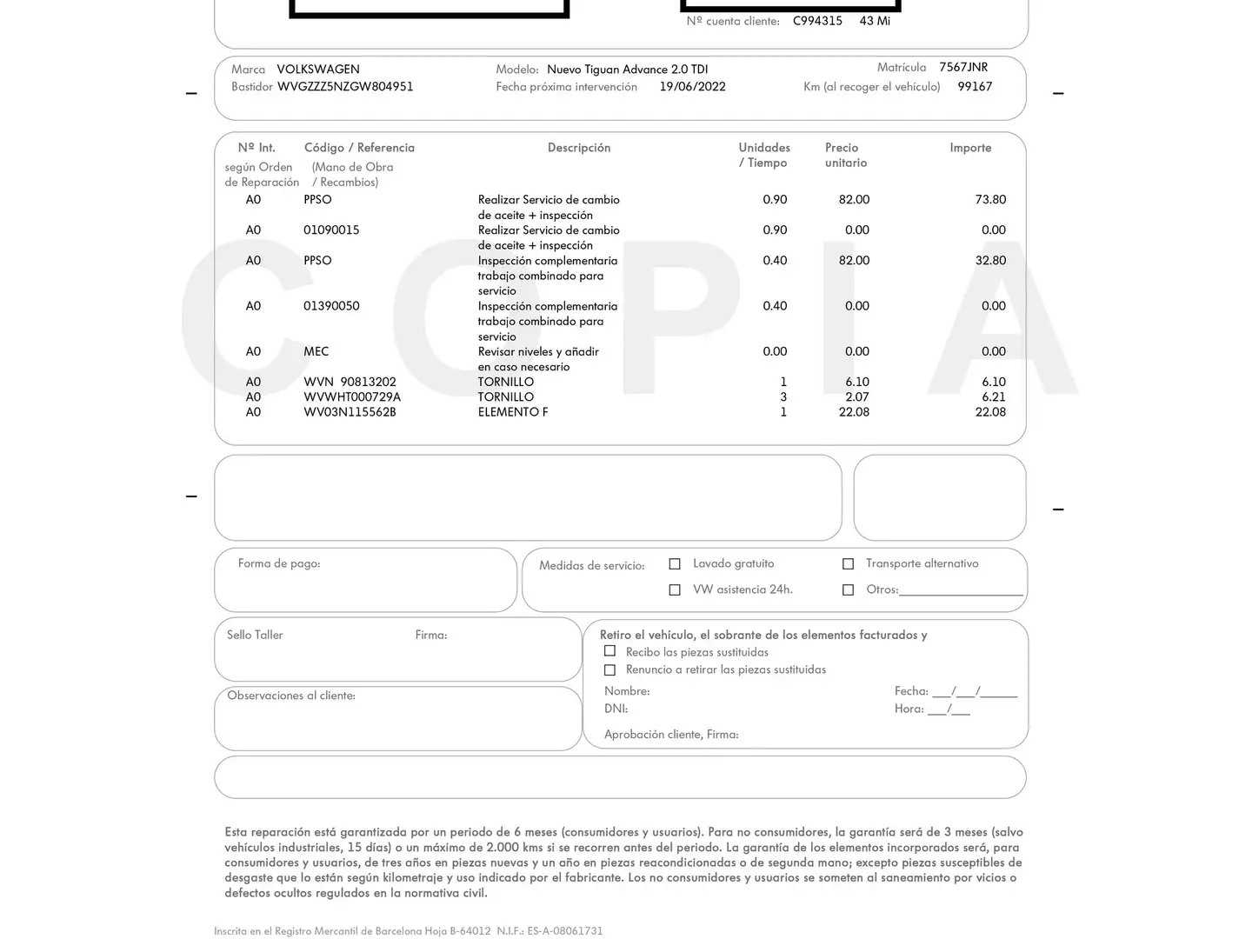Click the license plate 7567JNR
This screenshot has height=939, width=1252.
[963, 67]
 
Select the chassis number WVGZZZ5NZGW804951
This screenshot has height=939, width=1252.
[345, 87]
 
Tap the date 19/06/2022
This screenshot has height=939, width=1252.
[692, 87]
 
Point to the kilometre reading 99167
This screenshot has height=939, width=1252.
[975, 87]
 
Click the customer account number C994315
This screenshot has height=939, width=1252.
[817, 21]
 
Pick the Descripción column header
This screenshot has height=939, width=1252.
[579, 148]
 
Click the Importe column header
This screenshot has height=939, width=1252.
[970, 148]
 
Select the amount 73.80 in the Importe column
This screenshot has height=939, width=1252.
[990, 200]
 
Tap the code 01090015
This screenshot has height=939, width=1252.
[331, 230]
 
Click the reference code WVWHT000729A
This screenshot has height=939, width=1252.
[352, 397]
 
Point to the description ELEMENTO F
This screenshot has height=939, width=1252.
[513, 412]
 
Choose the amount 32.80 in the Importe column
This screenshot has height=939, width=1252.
[990, 261]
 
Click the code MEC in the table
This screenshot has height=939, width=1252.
[316, 352]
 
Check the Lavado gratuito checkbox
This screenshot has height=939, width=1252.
[675, 564]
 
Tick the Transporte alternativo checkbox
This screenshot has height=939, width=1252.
[849, 564]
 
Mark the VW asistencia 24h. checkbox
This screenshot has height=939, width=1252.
[675, 590]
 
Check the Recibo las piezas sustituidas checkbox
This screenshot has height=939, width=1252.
[609, 651]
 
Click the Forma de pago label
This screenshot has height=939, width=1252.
[279, 563]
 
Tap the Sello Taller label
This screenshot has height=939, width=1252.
[255, 635]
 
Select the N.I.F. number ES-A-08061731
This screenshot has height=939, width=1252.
[564, 931]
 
